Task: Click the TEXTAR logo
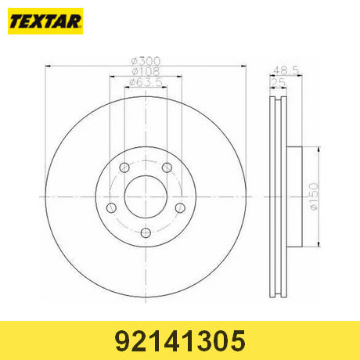tap(45, 21)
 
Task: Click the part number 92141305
tap(180, 340)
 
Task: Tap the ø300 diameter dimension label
tap(146, 61)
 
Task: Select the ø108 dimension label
tap(146, 71)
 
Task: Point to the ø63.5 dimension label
tap(146, 82)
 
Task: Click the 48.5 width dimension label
tap(286, 70)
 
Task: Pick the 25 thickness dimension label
tap(279, 83)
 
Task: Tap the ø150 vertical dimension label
tap(314, 196)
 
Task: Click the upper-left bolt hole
tap(124, 167)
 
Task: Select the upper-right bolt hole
tap(167, 167)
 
